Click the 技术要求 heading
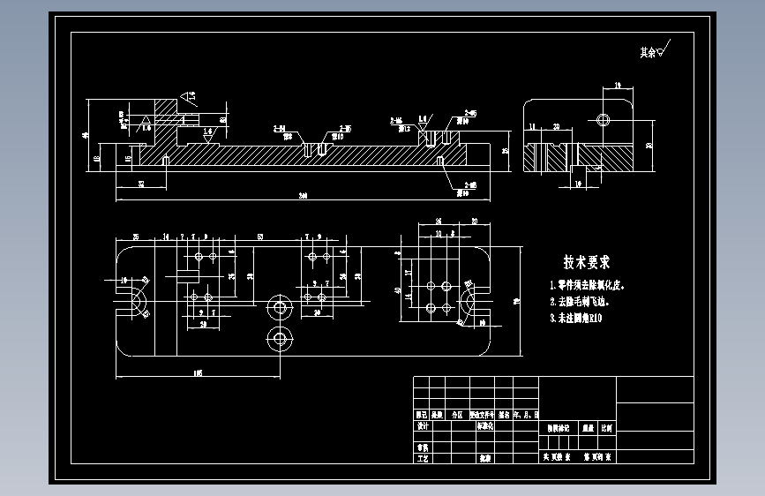(587, 262)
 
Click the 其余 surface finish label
(649, 52)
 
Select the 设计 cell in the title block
(422, 425)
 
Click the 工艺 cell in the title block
(422, 459)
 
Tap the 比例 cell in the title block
(608, 427)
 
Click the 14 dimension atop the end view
(617, 85)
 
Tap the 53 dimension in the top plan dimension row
(261, 237)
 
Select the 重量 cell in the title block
(585, 427)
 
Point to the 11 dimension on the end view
(533, 127)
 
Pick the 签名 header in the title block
(503, 413)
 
